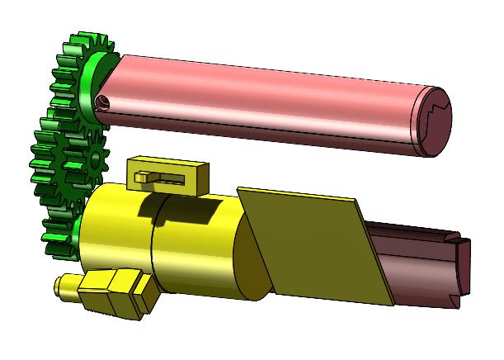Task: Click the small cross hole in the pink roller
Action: click(102, 102)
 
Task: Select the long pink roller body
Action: click(264, 95)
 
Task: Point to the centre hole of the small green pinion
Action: click(96, 156)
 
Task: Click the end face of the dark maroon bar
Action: click(464, 264)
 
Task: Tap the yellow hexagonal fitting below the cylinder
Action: click(115, 293)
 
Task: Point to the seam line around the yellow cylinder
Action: click(153, 248)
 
